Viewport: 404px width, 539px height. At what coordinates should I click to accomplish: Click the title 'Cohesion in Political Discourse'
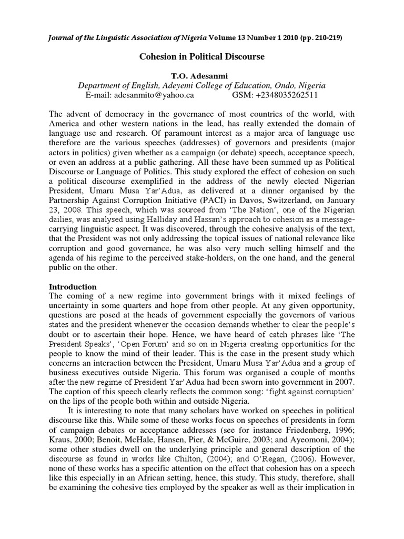point(201,56)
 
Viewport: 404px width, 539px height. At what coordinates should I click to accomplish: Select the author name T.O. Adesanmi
point(201,75)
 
